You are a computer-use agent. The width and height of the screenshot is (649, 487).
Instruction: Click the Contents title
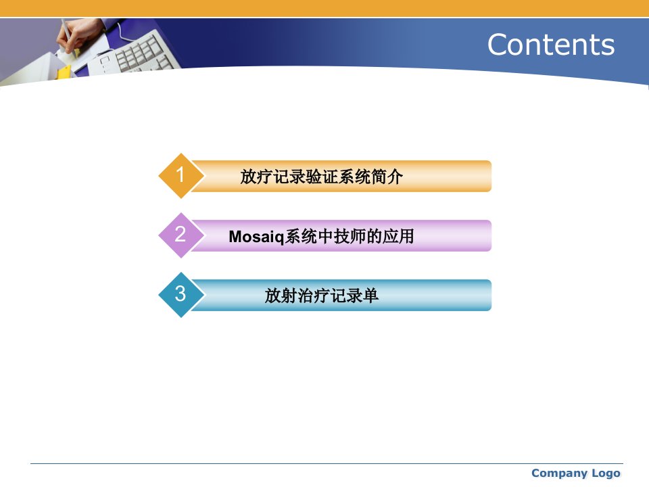click(x=551, y=45)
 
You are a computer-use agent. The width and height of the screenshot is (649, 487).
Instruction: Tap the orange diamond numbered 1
click(x=181, y=176)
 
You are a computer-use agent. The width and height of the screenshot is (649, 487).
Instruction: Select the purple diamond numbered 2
click(x=181, y=235)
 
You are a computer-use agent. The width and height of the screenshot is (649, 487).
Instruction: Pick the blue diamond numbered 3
click(x=181, y=295)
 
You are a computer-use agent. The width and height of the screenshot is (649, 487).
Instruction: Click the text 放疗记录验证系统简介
click(x=321, y=177)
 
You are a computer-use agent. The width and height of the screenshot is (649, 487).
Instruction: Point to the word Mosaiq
click(x=256, y=237)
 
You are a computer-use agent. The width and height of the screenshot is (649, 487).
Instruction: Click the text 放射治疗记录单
click(x=322, y=296)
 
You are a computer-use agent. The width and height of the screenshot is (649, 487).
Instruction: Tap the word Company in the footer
click(x=558, y=473)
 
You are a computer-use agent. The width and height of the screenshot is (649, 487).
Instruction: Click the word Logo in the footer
click(x=606, y=473)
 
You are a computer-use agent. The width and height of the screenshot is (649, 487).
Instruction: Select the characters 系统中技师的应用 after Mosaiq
click(x=350, y=237)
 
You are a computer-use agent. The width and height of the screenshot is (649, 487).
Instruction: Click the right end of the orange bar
click(x=491, y=176)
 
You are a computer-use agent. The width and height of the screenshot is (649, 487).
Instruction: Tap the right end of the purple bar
click(x=491, y=235)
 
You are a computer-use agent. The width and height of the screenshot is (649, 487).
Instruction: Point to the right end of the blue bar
click(x=491, y=296)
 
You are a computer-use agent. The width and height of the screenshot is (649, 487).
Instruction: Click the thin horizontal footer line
click(x=327, y=463)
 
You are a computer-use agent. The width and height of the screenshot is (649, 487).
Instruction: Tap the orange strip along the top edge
click(x=324, y=8)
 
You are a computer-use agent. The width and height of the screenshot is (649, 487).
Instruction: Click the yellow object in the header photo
click(x=64, y=72)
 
